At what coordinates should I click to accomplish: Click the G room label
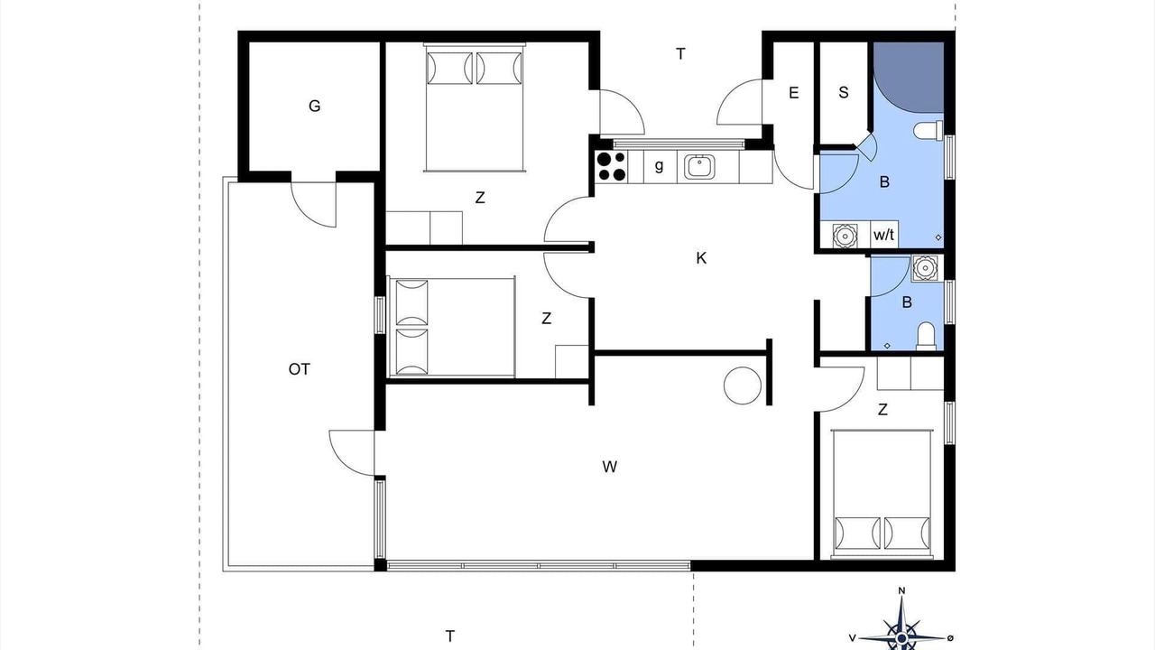(x=315, y=107)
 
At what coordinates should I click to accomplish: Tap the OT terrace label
(x=300, y=369)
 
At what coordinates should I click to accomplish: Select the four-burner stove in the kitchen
(x=611, y=166)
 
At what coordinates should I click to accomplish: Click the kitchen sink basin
(x=699, y=167)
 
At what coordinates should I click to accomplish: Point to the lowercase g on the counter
(x=659, y=166)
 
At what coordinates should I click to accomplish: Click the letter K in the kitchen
(x=701, y=258)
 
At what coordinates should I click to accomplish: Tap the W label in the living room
(x=609, y=467)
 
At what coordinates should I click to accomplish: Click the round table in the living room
(x=743, y=385)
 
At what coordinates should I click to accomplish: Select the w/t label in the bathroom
(x=883, y=236)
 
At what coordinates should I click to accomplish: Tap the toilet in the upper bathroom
(x=929, y=129)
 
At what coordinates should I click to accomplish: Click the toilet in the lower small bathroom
(x=926, y=335)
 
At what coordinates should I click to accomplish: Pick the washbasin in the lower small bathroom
(x=926, y=268)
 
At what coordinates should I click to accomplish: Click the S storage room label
(x=844, y=93)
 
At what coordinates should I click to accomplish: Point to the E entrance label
(x=793, y=93)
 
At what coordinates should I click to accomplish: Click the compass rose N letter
(x=901, y=590)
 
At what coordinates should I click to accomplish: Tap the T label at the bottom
(x=450, y=636)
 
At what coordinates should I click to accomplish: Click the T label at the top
(x=680, y=53)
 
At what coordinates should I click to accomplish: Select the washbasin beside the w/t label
(x=845, y=236)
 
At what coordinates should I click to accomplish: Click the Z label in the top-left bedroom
(x=480, y=198)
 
